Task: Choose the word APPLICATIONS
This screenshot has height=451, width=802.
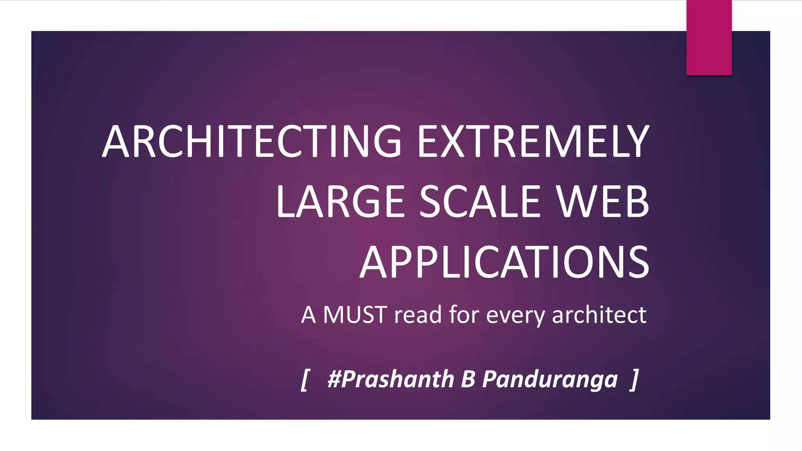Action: click(504, 262)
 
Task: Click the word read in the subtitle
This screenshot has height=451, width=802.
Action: click(418, 315)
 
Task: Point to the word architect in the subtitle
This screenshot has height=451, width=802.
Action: click(599, 315)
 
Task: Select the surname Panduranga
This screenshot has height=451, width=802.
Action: click(550, 380)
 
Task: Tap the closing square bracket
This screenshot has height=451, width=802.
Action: click(635, 380)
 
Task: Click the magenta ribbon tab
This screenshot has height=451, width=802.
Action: click(709, 38)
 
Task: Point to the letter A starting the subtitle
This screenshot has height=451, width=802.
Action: click(309, 315)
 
